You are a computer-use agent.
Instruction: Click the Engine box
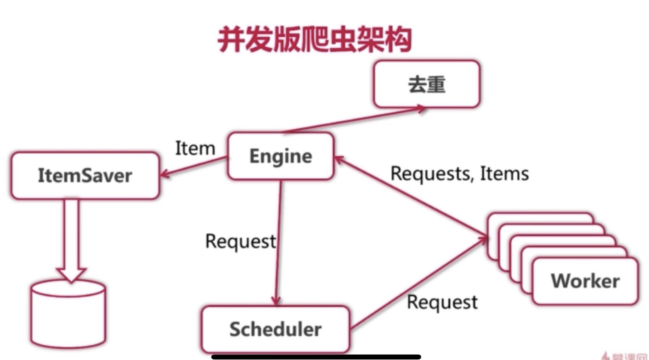281,156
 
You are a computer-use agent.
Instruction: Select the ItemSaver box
85,175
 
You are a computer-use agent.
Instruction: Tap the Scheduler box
275,329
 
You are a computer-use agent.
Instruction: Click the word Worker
585,281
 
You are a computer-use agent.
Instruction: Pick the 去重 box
426,84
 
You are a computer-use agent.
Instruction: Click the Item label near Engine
195,148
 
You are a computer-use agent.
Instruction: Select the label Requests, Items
459,173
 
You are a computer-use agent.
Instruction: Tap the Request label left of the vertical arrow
240,241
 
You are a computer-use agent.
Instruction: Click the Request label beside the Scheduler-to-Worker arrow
442,302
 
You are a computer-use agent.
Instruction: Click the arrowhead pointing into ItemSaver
164,174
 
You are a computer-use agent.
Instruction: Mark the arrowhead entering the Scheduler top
276,301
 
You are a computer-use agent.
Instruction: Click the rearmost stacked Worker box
540,218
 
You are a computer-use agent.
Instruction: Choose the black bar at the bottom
316,357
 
